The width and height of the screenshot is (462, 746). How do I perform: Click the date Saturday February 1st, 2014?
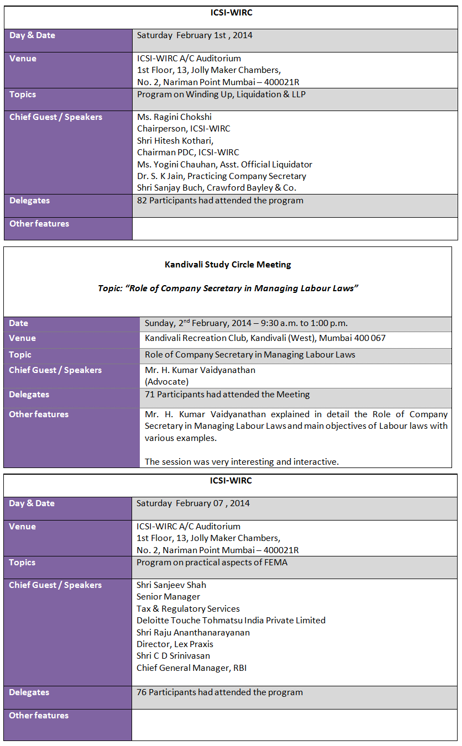(x=195, y=35)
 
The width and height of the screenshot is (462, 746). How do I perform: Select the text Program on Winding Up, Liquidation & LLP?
(x=221, y=94)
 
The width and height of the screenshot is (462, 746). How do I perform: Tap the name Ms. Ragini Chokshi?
(x=174, y=117)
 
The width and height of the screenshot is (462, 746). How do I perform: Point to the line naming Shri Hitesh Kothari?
(x=175, y=141)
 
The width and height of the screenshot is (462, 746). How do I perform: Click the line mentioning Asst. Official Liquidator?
(x=224, y=164)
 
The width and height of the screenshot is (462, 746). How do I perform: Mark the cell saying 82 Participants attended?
(x=220, y=201)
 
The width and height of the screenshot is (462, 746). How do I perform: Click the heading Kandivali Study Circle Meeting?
(x=228, y=265)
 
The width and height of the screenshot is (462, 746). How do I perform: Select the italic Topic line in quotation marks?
(x=228, y=288)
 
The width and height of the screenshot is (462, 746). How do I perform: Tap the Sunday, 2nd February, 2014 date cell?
(x=246, y=323)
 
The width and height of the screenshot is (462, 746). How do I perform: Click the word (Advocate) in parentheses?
(x=166, y=382)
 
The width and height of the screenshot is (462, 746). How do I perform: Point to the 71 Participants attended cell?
(x=227, y=395)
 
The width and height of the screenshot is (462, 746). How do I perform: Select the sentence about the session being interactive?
(x=242, y=461)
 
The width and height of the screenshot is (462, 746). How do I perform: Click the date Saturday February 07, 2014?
(x=193, y=503)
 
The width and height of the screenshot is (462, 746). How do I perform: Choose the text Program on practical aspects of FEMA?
(x=212, y=563)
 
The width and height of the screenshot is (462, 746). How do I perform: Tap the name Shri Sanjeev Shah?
(x=171, y=585)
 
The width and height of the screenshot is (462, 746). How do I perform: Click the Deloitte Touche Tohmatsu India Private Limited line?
(x=231, y=621)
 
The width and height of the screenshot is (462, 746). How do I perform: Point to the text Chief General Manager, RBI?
(x=192, y=668)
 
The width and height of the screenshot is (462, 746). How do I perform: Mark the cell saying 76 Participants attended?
(x=219, y=692)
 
